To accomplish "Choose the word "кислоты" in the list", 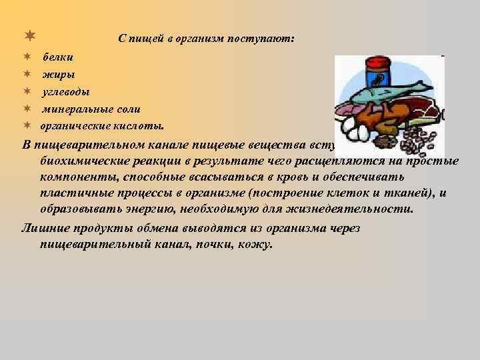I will pos(142,125).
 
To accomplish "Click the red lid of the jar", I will pos(378,61).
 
